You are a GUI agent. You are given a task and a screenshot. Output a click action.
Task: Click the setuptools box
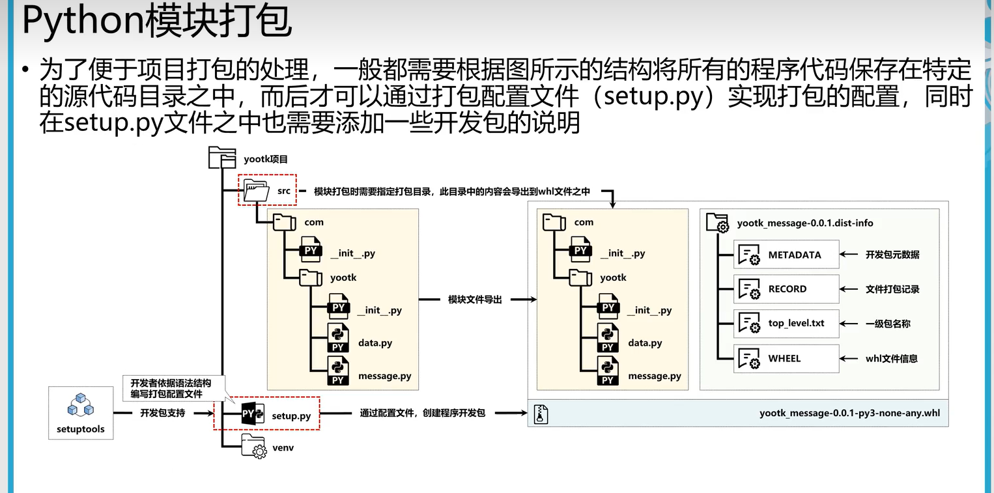[x=81, y=412]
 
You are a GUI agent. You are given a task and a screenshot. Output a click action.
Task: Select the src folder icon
[x=257, y=191]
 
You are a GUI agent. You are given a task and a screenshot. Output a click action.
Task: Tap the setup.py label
[x=291, y=416]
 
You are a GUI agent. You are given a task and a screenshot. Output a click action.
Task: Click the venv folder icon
[x=253, y=448]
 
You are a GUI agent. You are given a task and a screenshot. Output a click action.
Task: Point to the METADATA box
[x=786, y=255]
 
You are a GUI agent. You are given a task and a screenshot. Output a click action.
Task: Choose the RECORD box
[x=786, y=289]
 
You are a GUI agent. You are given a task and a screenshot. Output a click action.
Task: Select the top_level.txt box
[x=786, y=324]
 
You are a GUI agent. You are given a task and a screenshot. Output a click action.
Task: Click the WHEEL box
[x=786, y=358]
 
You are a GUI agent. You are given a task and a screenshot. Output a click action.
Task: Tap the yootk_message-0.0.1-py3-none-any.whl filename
[x=849, y=413]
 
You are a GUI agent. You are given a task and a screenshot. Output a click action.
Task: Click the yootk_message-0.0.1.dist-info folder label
[x=805, y=223]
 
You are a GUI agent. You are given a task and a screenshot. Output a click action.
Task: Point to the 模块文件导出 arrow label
[x=475, y=300]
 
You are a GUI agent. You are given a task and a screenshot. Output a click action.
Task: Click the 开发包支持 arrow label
[x=162, y=413]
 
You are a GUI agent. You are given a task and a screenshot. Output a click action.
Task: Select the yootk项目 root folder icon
[x=221, y=158]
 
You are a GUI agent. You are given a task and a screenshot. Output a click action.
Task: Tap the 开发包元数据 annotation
[x=892, y=255]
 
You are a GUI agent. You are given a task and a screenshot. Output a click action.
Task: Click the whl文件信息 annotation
[x=892, y=358]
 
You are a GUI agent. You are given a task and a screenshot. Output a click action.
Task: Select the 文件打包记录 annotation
[x=892, y=289]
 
